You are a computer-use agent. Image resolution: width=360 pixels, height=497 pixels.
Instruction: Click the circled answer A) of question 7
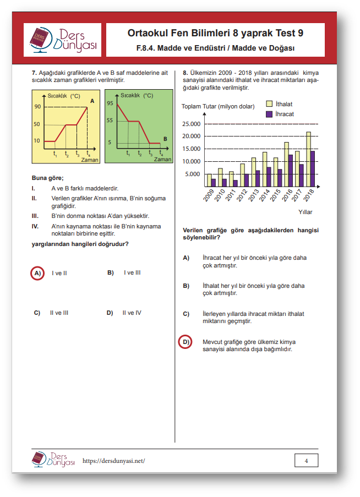[x=37, y=273]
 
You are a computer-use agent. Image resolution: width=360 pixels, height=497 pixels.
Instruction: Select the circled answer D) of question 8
[x=186, y=342]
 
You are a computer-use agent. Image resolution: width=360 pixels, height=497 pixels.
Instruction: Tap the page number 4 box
[x=306, y=461]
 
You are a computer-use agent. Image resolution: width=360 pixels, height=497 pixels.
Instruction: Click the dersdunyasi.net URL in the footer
[x=113, y=461]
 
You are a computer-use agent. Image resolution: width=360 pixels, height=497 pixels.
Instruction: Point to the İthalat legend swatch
[x=269, y=103]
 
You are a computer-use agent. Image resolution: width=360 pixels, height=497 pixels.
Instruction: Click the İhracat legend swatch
[x=269, y=114]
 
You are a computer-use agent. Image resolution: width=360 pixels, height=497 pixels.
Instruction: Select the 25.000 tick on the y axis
[x=191, y=124]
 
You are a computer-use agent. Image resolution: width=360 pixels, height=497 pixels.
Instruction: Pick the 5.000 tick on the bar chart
[x=193, y=174]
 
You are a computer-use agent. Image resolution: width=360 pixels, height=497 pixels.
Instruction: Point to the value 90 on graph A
[x=37, y=106]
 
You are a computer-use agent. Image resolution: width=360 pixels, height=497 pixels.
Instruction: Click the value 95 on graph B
[x=110, y=103]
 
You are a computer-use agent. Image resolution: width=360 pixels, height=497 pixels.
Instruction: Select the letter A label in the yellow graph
[x=92, y=101]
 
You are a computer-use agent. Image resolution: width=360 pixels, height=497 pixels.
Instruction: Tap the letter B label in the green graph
[x=165, y=139]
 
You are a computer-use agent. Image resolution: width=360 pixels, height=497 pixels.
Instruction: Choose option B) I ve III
[x=124, y=272]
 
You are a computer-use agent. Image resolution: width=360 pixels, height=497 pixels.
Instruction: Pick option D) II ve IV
[x=124, y=313]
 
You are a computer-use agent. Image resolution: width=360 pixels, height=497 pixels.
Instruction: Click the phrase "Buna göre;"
[x=48, y=177]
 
